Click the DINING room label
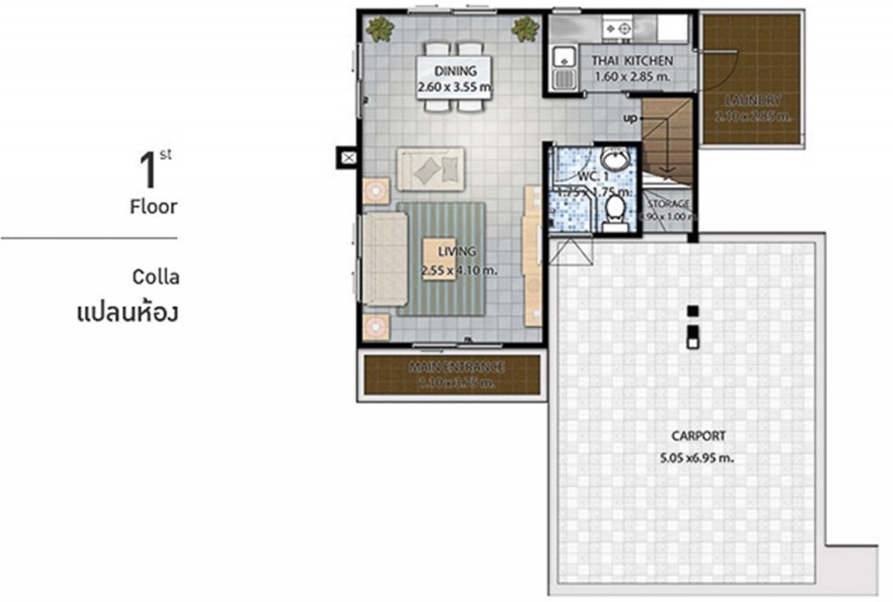456,72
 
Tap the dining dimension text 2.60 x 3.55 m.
456,86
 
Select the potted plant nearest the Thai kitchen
525,30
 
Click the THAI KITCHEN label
632,61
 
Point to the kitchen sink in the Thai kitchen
564,59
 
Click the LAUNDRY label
752,100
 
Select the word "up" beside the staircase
630,118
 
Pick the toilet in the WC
615,209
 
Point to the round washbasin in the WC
616,160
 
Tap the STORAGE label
668,204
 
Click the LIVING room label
457,252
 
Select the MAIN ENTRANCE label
456,367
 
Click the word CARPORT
698,436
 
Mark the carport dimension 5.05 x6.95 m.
698,456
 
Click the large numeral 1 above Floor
148,170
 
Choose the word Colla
156,277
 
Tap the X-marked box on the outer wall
348,158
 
